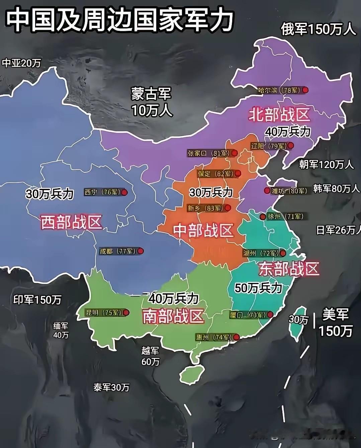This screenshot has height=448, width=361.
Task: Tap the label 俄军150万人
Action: click(318, 29)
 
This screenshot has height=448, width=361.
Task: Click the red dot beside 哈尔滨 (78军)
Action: click(305, 90)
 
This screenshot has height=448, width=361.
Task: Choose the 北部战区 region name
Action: click(279, 115)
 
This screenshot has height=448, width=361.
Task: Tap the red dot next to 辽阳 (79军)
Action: click(290, 146)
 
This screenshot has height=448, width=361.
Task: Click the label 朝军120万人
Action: click(326, 164)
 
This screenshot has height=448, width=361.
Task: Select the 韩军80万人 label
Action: click(336, 189)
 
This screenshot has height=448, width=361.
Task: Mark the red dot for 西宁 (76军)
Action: click(124, 193)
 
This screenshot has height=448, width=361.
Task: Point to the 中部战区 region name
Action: click(203, 230)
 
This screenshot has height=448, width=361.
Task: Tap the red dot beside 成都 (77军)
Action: click(141, 251)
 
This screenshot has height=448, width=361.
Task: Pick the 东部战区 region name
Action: click(289, 269)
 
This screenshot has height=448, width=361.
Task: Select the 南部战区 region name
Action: click(173, 316)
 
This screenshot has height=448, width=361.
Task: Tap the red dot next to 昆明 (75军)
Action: click(126, 312)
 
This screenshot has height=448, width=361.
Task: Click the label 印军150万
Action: click(37, 300)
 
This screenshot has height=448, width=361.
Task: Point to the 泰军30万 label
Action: click(111, 387)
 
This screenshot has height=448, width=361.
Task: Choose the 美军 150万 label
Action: click(336, 322)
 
